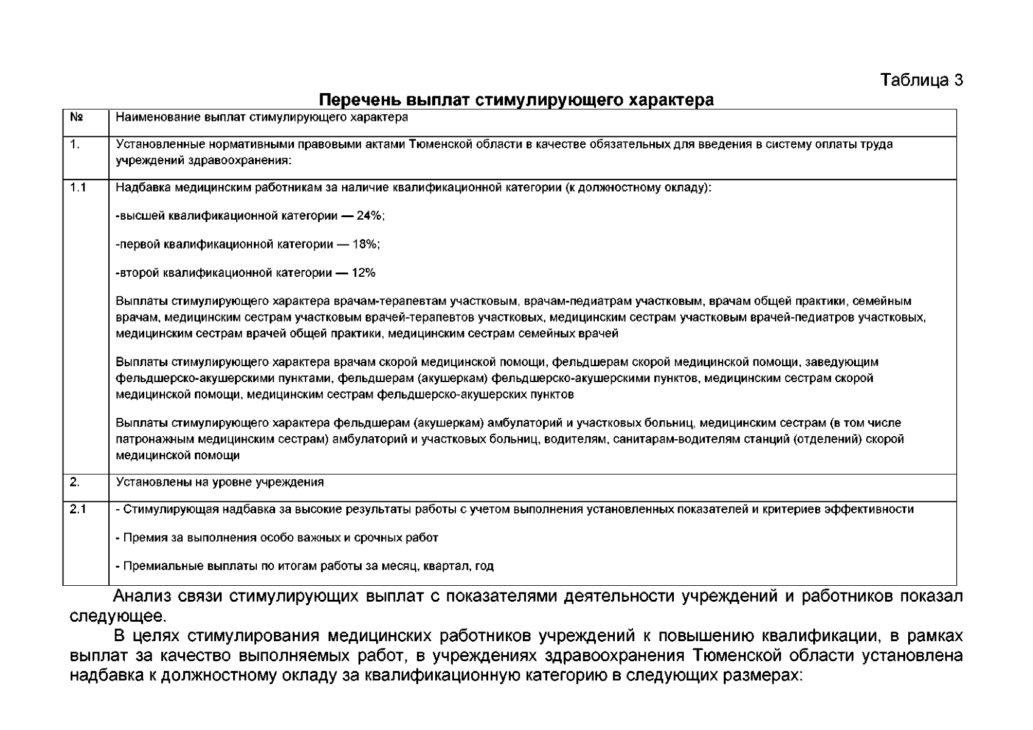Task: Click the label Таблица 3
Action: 922,80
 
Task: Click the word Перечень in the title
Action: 359,100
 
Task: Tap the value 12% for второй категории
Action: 363,273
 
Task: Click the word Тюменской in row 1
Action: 436,144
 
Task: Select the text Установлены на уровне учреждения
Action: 220,482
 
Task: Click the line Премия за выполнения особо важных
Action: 277,538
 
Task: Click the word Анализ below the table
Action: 146,596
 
